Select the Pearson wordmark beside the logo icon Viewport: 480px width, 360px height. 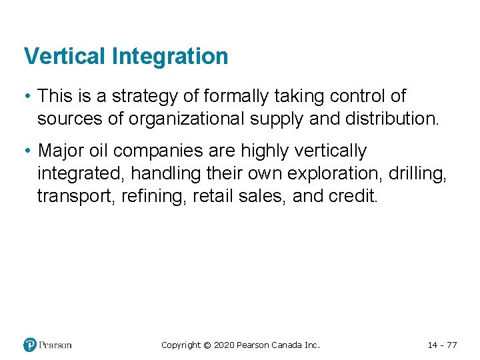pos(55,345)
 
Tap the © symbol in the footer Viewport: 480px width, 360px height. pos(207,345)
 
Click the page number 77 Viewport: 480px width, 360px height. pos(451,345)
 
